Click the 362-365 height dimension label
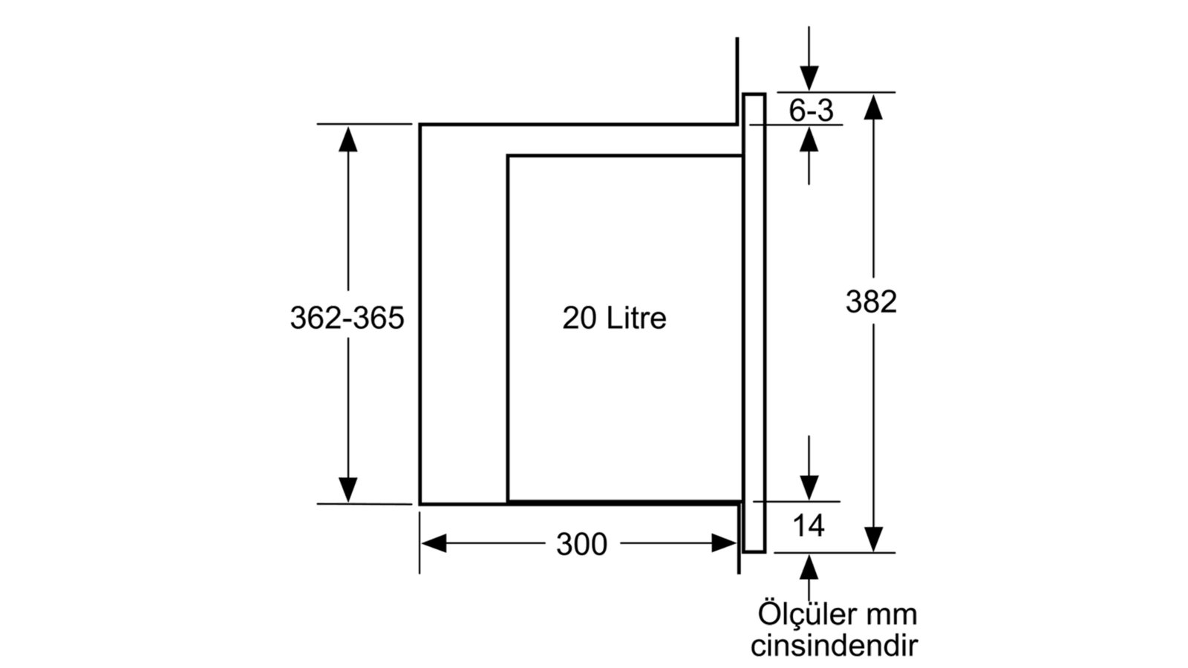[347, 318]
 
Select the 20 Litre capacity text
[614, 318]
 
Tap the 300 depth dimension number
[582, 545]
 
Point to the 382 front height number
[871, 301]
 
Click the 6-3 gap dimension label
[811, 111]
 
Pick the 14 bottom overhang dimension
[809, 526]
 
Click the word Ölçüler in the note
[809, 614]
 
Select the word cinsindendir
[835, 646]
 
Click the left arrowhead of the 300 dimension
[434, 543]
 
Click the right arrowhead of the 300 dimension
[724, 543]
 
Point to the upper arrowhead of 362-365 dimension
[348, 139]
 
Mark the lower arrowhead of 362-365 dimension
[348, 490]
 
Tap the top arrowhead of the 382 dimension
[873, 107]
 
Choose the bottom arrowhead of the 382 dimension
[873, 540]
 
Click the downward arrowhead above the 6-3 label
[809, 79]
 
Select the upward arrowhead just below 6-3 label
[809, 140]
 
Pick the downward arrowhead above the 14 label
[809, 488]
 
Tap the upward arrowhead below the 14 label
[809, 567]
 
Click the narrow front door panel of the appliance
[754, 324]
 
